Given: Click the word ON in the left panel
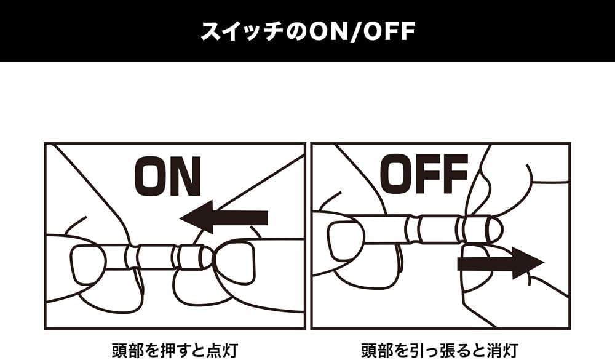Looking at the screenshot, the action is [167, 176].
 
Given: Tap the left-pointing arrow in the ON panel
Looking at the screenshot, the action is [224, 217].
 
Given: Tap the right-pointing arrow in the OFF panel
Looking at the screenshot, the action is [501, 263].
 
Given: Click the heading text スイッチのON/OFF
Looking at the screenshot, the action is [308, 31].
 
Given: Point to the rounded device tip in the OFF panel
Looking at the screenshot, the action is [495, 228].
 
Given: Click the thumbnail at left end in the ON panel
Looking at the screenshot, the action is [88, 265].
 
